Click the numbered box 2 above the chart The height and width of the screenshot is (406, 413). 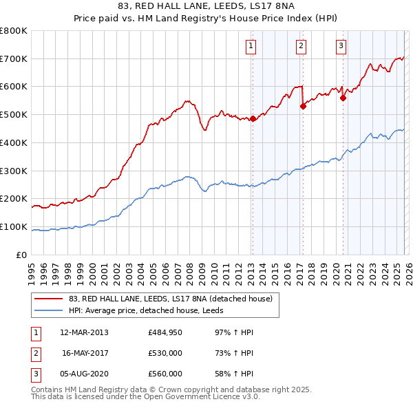[301, 46]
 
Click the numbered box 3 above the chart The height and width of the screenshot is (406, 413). [341, 46]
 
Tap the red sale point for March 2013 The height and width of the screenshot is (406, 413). [253, 118]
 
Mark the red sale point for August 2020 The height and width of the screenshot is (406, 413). [343, 98]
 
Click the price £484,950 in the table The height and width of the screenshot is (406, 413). [165, 332]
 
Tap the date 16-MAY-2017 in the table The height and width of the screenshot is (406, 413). [85, 353]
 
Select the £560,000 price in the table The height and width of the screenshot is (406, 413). [165, 374]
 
